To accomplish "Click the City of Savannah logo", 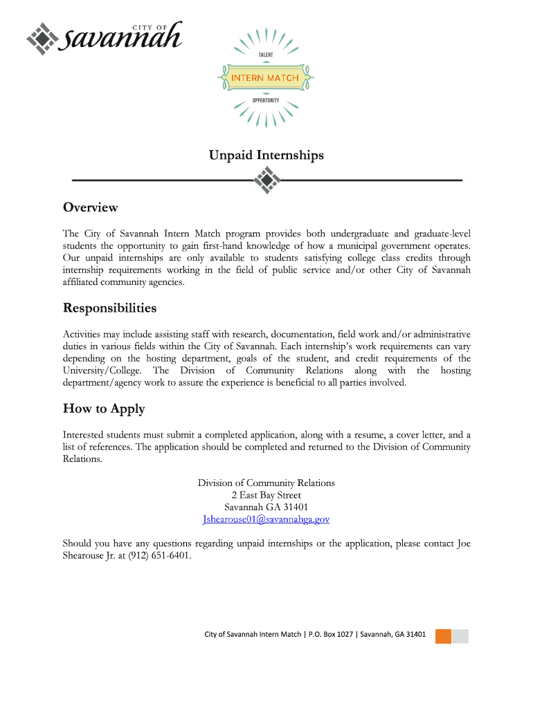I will coord(104,39).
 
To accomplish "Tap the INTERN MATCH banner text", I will coord(265,77).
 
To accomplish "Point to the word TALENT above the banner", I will coord(266,55).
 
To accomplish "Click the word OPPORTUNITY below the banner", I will coord(266,100).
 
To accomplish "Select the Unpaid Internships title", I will coord(266,156).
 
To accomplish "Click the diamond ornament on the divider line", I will coord(266,180).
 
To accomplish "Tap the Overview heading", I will coord(91,207).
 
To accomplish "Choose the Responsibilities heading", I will coord(109,308).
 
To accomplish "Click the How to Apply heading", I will coord(104,409).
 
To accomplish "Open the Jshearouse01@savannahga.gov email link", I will coord(266,519).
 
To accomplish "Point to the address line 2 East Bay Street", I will coord(266,495).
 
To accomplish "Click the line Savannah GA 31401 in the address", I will coord(266,507).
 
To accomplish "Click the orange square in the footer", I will coord(443,636).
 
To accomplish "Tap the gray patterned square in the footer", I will coord(461,636).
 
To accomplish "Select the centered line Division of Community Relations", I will coord(266,483).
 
